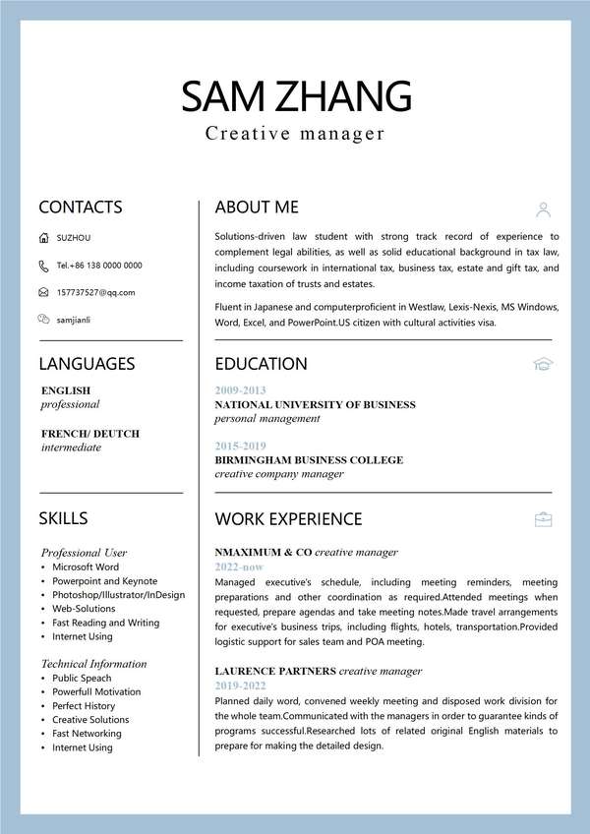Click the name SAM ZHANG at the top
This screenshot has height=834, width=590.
click(295, 95)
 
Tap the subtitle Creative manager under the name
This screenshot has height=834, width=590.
click(295, 134)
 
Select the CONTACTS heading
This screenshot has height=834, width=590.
click(81, 207)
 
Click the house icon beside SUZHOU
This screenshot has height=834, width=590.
click(43, 238)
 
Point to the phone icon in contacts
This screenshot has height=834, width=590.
click(43, 266)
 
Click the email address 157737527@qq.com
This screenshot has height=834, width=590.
click(95, 292)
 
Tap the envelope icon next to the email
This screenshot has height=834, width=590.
click(43, 292)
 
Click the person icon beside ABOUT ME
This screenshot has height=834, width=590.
click(544, 208)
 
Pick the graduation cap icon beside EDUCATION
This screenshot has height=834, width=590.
click(544, 364)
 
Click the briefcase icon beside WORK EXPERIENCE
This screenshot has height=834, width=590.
click(544, 519)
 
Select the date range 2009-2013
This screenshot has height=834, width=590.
click(240, 390)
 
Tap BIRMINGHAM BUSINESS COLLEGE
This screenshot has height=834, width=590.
click(309, 459)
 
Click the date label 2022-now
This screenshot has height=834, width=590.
click(239, 567)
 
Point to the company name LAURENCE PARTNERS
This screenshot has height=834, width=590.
click(275, 671)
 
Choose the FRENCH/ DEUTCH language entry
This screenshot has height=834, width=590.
click(90, 434)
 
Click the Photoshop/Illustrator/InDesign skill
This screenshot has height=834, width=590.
click(118, 595)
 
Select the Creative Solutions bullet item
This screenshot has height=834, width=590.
click(90, 720)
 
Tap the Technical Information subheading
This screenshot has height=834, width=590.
click(94, 664)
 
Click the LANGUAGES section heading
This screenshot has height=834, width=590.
click(87, 364)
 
